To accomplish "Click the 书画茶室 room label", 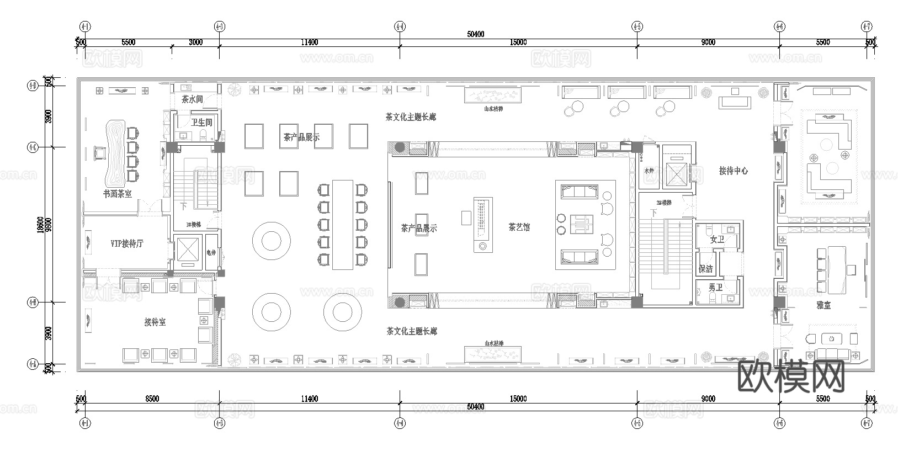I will (118, 194).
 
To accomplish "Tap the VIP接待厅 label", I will (127, 243).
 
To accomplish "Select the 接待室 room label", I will (155, 322).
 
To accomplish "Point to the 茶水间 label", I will (192, 100).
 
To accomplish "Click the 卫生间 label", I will (201, 123).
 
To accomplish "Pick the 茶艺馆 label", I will (519, 227).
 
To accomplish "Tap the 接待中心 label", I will (734, 171).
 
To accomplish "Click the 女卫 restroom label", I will (717, 240).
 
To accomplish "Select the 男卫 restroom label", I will (716, 288).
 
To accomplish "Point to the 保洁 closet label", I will (705, 269).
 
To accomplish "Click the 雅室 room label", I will (823, 305).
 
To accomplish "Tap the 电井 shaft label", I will (211, 252).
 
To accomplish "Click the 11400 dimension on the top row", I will (309, 43).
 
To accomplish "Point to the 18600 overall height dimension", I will (41, 224).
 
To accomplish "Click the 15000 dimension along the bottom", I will (518, 399).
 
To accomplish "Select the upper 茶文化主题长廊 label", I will (411, 117).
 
